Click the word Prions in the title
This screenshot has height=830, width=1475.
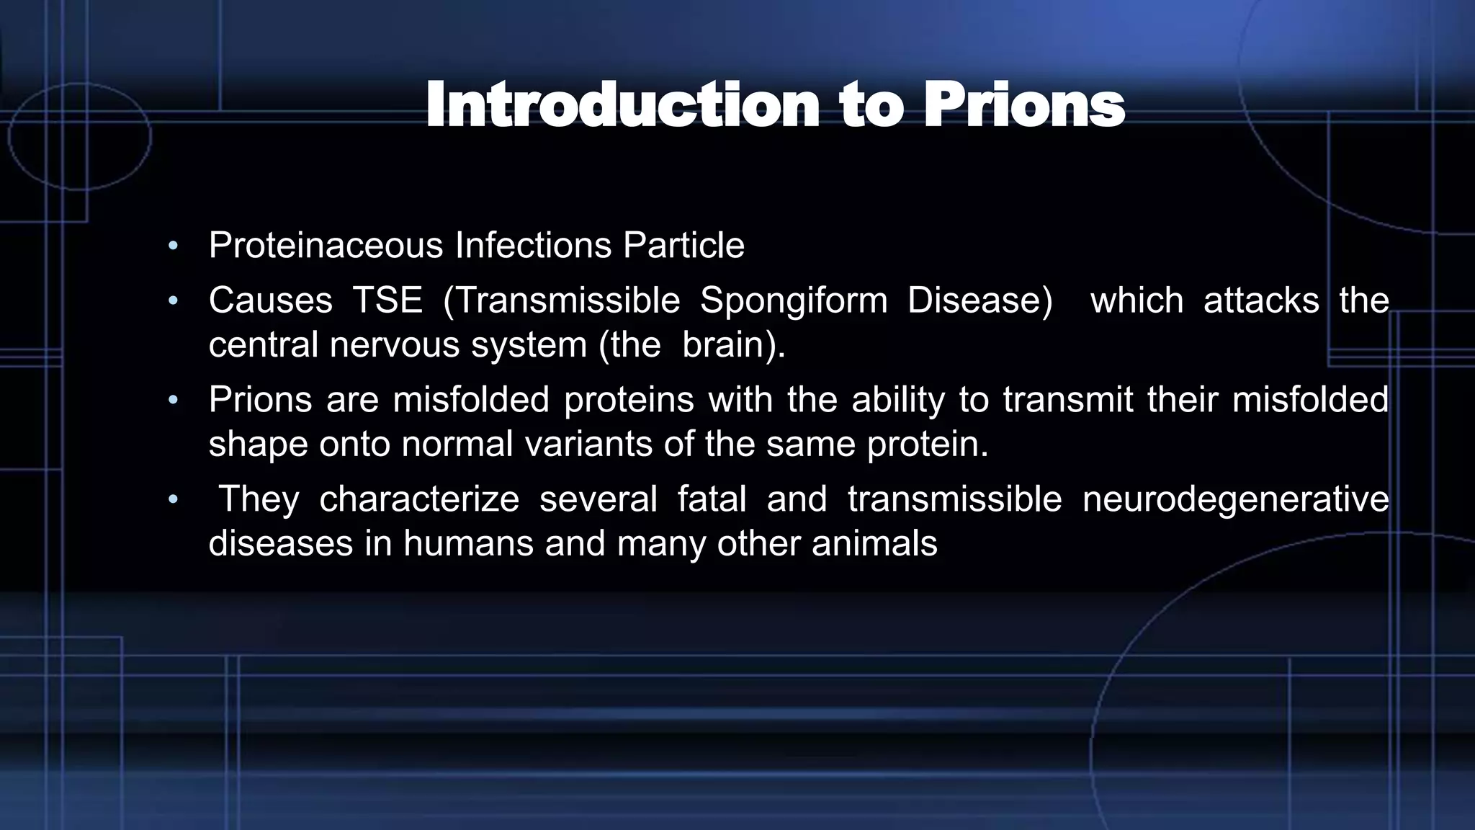coord(1023,107)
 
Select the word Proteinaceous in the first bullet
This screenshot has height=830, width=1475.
coord(326,246)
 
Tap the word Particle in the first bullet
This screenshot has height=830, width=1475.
coord(683,246)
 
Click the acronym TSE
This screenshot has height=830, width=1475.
coord(387,300)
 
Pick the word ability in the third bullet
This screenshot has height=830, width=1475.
coord(897,401)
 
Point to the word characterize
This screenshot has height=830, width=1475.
coord(418,499)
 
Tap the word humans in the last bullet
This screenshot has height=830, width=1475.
coord(468,544)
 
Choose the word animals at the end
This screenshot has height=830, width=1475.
coord(874,544)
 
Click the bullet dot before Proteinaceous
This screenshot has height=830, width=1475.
coord(172,246)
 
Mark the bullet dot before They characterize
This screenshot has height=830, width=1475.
coord(172,499)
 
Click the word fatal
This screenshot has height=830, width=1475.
coord(712,499)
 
